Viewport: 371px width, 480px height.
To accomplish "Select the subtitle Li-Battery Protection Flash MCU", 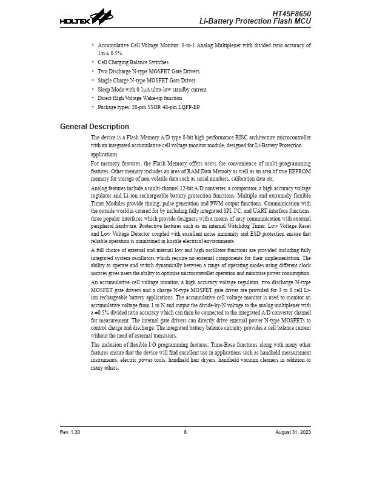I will pos(255,21).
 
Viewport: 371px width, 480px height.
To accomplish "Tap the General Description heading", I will pos(95,127).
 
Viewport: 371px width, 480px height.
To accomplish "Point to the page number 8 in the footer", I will pos(185,432).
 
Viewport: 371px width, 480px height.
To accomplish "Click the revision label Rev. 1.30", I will pos(70,432).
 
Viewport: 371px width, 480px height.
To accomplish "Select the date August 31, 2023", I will pos(293,432).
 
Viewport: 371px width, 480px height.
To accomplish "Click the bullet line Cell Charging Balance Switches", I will pos(133,62).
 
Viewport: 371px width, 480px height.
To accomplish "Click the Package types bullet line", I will pos(149,107).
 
